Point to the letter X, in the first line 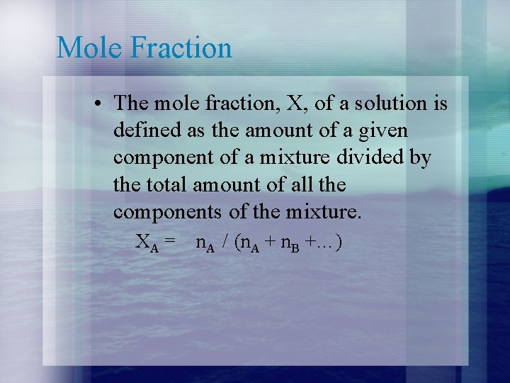(293, 104)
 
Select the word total (166, 184)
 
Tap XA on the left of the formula (146, 243)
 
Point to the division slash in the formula (225, 243)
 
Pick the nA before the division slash (205, 243)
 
